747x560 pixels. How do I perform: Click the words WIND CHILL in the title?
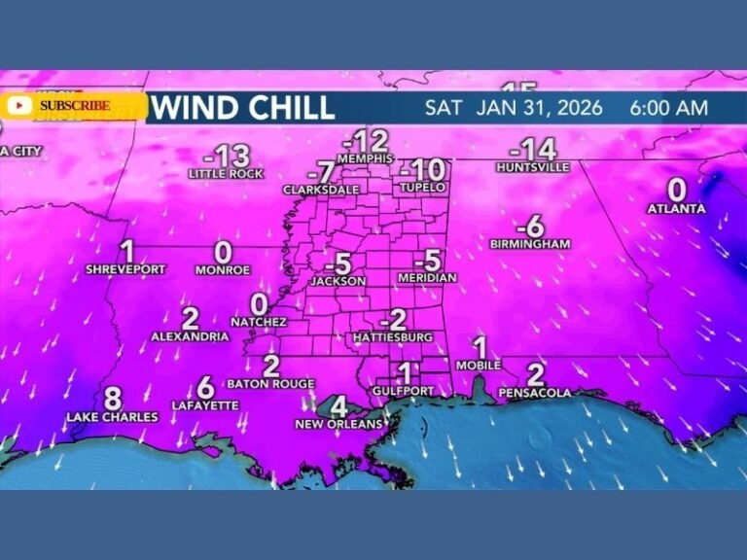(243, 107)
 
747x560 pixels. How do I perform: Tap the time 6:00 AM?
(668, 107)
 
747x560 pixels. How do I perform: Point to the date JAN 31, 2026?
(540, 107)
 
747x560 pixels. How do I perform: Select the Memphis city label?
(365, 158)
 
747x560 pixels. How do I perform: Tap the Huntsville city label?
(532, 167)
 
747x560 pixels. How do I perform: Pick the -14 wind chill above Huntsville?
(533, 149)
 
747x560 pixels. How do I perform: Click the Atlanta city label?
(677, 208)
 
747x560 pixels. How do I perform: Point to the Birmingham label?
(530, 243)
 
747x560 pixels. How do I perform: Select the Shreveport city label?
(125, 268)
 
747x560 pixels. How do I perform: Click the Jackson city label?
(338, 281)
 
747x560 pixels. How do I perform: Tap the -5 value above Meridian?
(428, 261)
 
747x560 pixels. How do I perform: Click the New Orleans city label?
(338, 424)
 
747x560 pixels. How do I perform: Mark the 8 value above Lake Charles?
(113, 399)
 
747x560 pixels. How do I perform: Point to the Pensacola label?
(535, 393)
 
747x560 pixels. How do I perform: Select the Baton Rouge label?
(271, 383)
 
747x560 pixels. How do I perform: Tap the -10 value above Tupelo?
(422, 167)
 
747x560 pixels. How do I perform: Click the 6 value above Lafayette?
(205, 387)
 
